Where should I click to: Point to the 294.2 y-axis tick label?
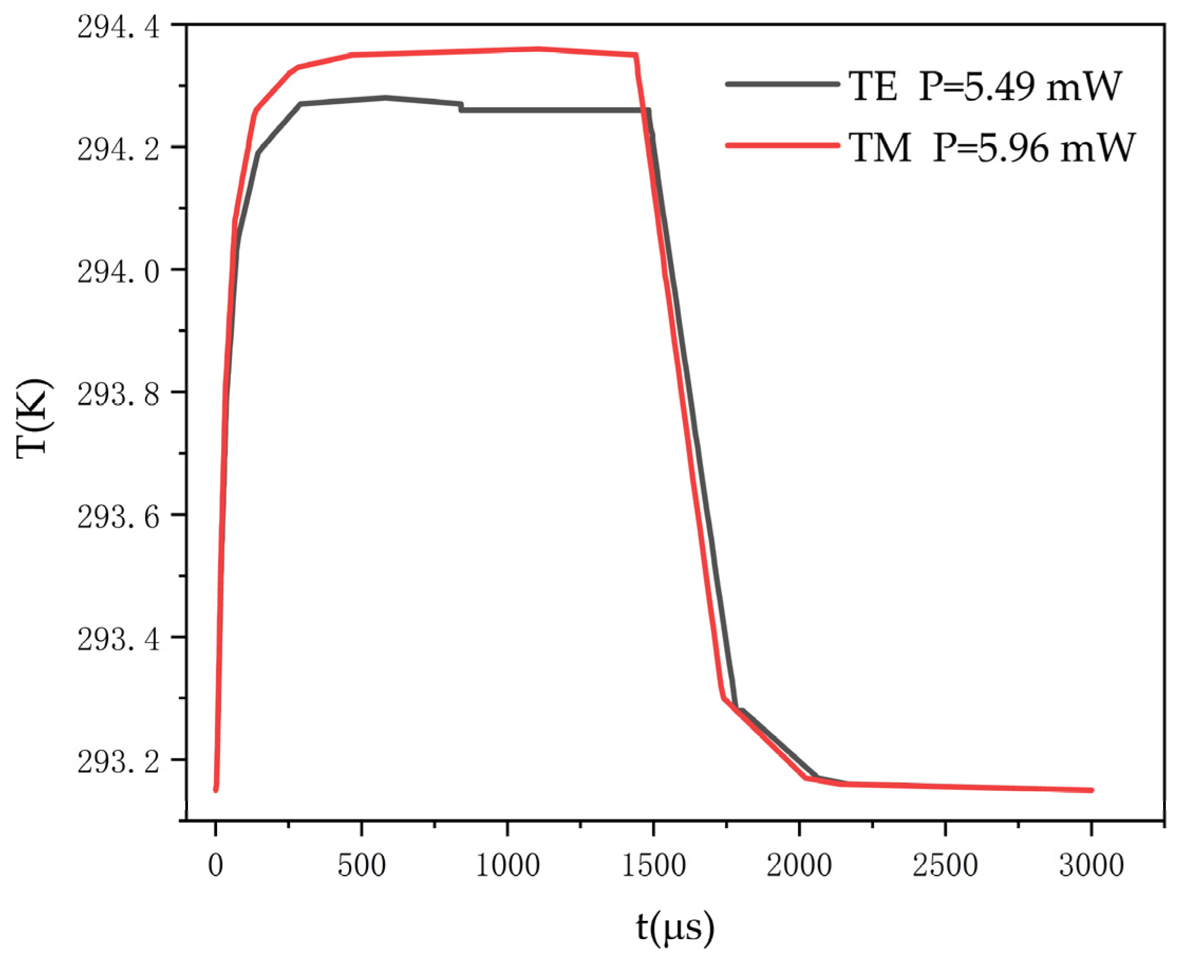[118, 150]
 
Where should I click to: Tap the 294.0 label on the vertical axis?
[118, 272]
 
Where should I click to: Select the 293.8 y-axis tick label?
[118, 395]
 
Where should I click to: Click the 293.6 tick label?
[118, 517]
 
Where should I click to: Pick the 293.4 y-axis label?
[118, 640]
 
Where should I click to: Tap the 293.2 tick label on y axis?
[118, 762]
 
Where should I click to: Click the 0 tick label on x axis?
[215, 865]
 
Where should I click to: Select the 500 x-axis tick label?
[361, 865]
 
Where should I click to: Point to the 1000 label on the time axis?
[507, 865]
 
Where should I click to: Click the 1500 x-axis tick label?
[653, 865]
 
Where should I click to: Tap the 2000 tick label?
[799, 865]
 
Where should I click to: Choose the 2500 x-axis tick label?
[945, 865]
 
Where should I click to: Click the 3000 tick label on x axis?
[1091, 865]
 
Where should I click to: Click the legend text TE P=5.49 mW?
[985, 87]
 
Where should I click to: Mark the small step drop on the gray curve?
[461, 107]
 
